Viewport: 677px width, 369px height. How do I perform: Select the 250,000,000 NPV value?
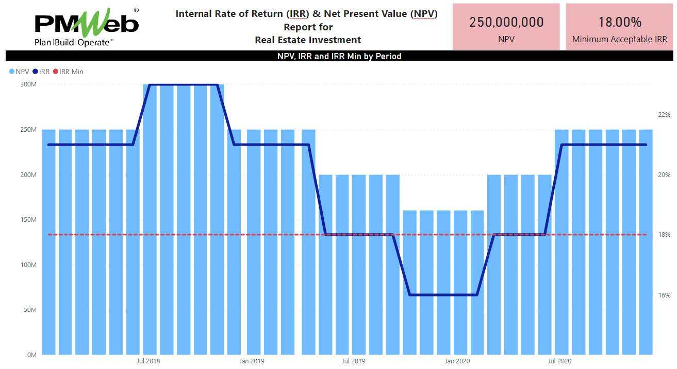tap(506, 22)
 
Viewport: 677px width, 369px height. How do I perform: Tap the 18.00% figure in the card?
tap(619, 22)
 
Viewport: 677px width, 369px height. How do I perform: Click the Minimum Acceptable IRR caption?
tap(619, 39)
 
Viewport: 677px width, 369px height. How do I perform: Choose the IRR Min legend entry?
tap(71, 72)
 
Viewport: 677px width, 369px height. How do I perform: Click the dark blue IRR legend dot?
tap(35, 72)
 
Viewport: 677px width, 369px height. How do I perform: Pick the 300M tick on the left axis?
tap(29, 84)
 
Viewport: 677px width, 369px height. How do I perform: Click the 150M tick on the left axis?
tap(29, 220)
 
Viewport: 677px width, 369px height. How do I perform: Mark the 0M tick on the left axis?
tap(30, 355)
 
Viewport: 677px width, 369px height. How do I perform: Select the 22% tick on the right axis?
tap(664, 114)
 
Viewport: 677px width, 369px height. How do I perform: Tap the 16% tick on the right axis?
tap(664, 295)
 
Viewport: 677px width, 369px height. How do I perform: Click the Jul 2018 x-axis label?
tap(148, 361)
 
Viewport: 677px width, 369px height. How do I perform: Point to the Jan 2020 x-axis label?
tap(456, 361)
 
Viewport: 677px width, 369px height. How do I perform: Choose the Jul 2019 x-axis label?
tap(353, 361)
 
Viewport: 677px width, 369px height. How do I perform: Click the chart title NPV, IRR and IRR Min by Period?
tap(339, 56)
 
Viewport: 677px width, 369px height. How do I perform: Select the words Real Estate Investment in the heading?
tap(308, 40)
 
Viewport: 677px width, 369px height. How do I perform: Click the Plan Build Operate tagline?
tap(73, 43)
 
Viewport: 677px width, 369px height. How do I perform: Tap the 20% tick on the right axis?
tap(664, 175)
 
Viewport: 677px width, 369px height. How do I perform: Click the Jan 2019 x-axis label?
tap(252, 361)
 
